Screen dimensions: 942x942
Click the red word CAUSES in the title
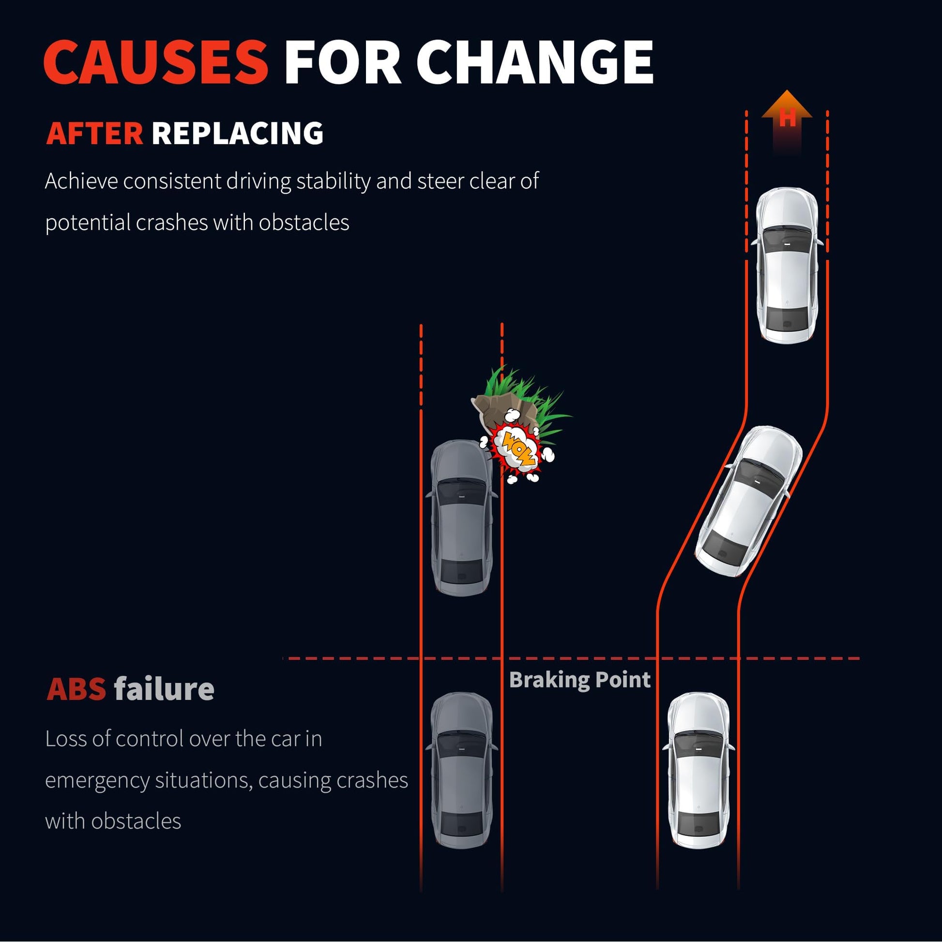156,62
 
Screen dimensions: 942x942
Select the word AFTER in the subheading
94,133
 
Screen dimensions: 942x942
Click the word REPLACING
238,133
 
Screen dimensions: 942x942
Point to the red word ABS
76,689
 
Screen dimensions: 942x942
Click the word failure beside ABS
164,689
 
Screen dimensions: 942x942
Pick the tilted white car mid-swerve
748,501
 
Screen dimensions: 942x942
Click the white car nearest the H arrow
787,266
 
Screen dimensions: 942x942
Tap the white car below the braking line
699,770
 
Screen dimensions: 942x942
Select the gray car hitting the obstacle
462,518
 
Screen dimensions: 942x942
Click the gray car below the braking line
462,770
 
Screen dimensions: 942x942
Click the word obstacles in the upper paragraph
304,223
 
